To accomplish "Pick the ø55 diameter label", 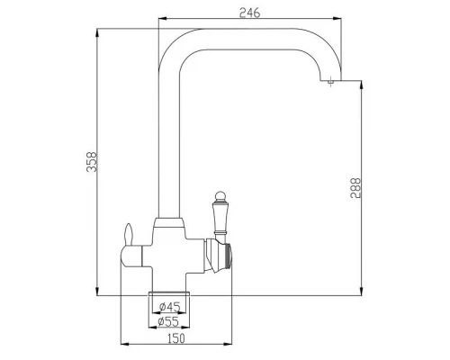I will (x=169, y=320).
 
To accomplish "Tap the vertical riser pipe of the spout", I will (x=168, y=135).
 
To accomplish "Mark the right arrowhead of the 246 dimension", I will (x=338, y=19).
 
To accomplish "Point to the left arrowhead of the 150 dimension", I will (x=121, y=345).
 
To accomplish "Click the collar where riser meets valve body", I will (x=168, y=223).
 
